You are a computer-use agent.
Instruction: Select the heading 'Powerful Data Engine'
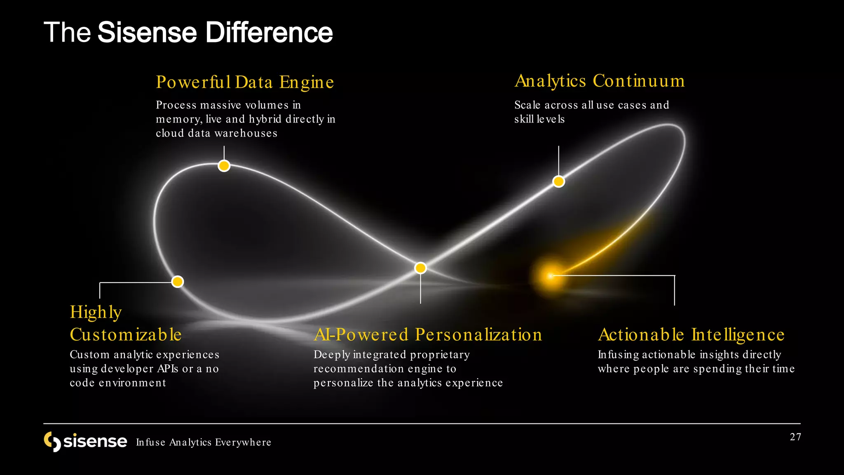(245, 82)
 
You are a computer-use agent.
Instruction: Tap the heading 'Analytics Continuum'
(600, 81)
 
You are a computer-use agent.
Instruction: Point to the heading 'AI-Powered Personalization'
(428, 334)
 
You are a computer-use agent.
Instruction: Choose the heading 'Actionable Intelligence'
(691, 334)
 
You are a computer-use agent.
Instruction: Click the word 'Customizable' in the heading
(126, 334)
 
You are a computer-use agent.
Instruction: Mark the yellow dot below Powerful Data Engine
(224, 166)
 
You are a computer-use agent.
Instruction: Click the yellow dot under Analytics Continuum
(558, 181)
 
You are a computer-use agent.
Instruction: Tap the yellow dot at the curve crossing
(420, 268)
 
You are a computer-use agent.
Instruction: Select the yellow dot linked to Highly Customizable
(177, 282)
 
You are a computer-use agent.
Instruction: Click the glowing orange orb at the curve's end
(551, 276)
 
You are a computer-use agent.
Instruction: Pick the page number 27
(795, 437)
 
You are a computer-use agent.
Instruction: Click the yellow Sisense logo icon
(52, 442)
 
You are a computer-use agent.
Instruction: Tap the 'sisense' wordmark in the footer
(95, 441)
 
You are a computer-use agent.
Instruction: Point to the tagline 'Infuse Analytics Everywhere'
(204, 442)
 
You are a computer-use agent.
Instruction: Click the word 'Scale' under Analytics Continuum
(527, 105)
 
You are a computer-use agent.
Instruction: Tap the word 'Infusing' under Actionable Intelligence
(618, 355)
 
